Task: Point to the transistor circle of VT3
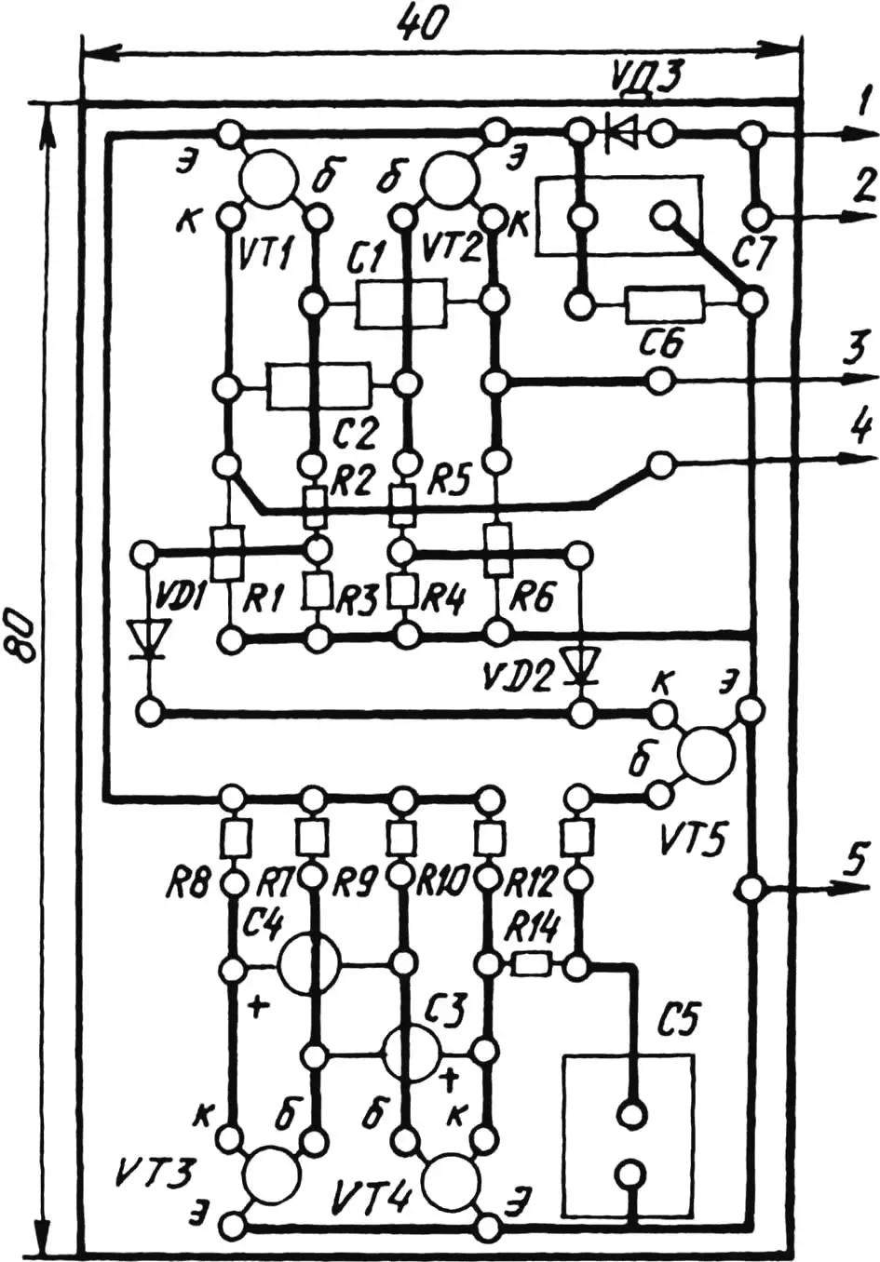(x=272, y=1175)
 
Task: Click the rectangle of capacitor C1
(x=400, y=303)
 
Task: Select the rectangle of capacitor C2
(x=318, y=384)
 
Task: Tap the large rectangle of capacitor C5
(x=629, y=1135)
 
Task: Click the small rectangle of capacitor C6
(x=665, y=303)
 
